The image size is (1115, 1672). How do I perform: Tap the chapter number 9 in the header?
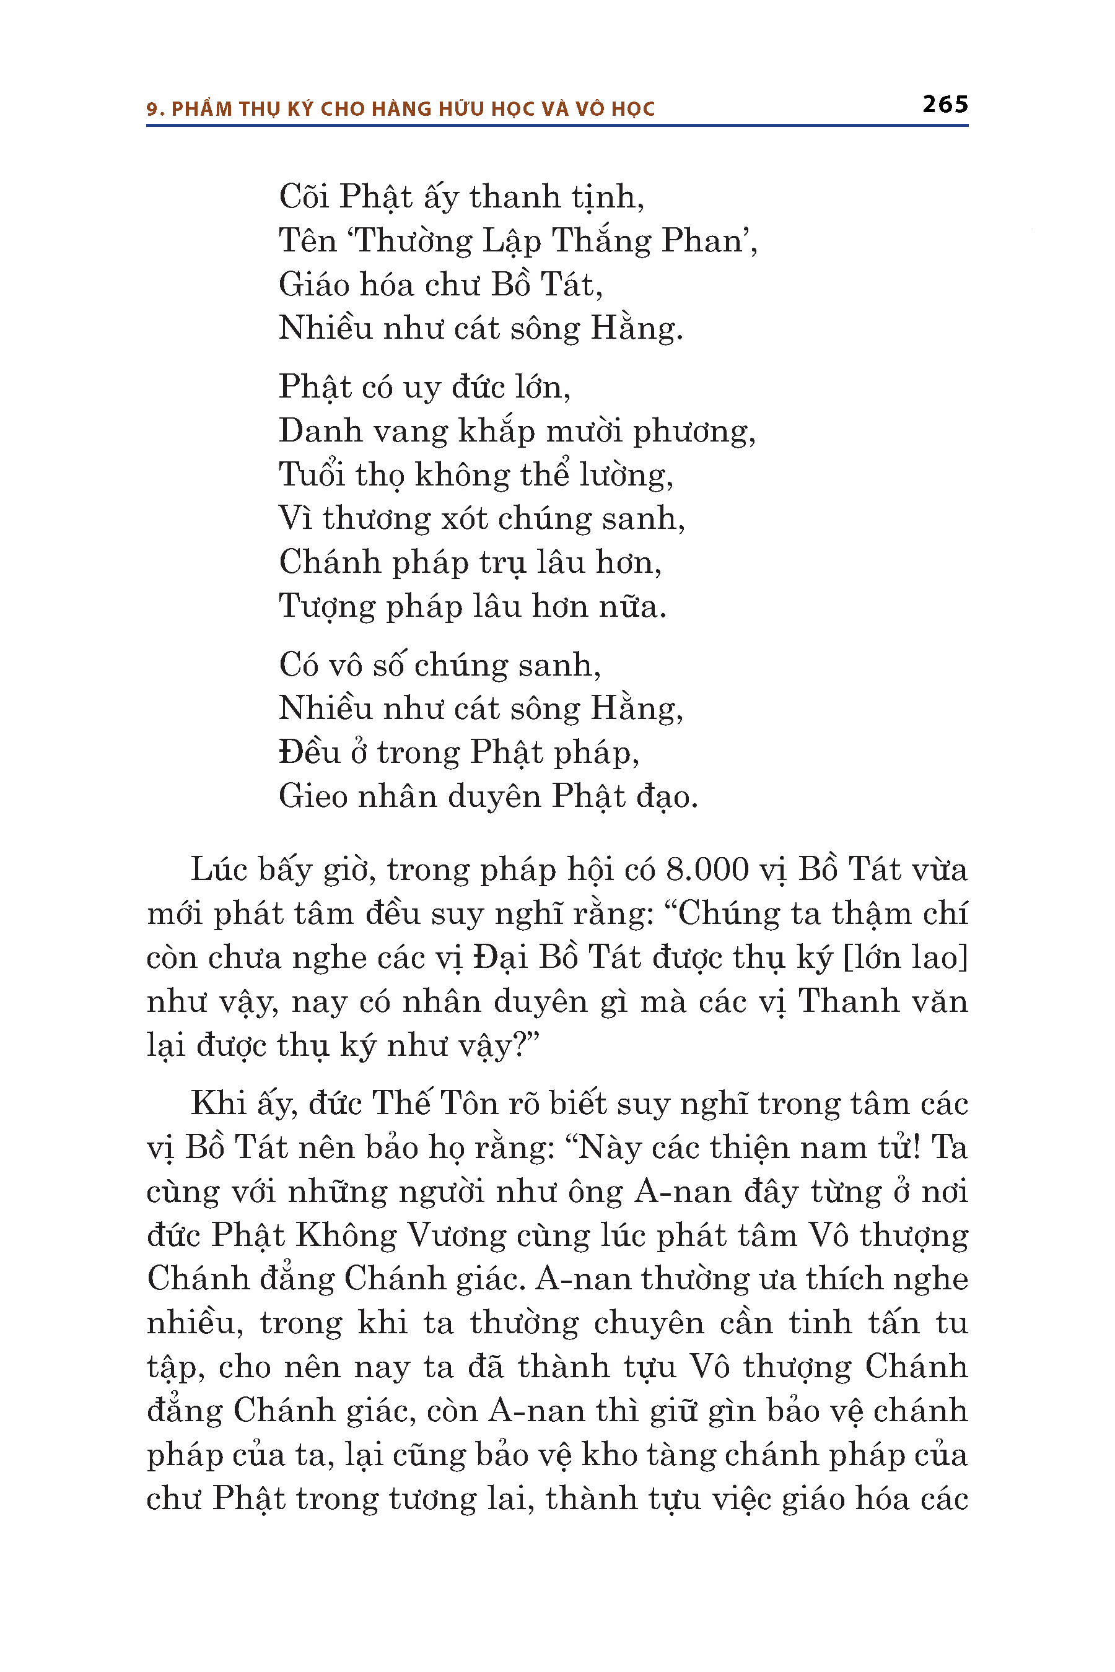152,110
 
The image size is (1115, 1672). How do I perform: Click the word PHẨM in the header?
202,109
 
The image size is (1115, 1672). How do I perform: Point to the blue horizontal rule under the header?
557,126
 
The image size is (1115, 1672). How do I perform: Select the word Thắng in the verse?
601,241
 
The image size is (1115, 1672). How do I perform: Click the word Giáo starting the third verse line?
313,285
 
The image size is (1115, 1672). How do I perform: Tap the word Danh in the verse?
313,431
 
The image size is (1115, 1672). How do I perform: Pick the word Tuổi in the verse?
311,475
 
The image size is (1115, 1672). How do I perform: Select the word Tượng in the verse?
326,607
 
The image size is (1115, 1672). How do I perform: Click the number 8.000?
707,870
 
